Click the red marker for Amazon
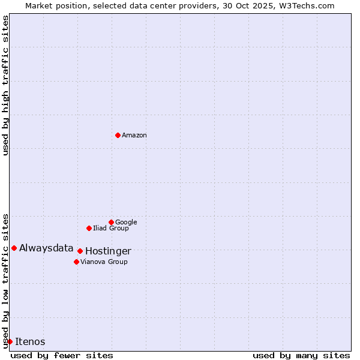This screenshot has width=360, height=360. (118, 135)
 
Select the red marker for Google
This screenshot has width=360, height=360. (111, 222)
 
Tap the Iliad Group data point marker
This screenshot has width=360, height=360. (89, 228)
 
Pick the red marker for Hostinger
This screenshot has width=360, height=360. (80, 251)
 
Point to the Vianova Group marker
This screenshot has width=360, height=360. (76, 262)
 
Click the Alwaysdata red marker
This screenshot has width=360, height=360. (14, 248)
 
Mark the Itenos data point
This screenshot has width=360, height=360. (10, 341)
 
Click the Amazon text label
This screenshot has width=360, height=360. (134, 136)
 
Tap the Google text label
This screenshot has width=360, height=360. (126, 223)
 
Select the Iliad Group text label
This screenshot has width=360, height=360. (111, 229)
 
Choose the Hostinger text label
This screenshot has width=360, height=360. (108, 251)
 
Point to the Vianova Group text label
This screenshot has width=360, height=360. (104, 262)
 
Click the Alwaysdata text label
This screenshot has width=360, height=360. (46, 248)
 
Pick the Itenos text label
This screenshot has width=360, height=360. (30, 342)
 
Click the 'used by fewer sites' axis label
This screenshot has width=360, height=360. (62, 356)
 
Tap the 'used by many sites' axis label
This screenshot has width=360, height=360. (301, 356)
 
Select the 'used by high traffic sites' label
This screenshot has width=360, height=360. (5, 85)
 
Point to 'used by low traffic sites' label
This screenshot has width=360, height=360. (5, 280)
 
